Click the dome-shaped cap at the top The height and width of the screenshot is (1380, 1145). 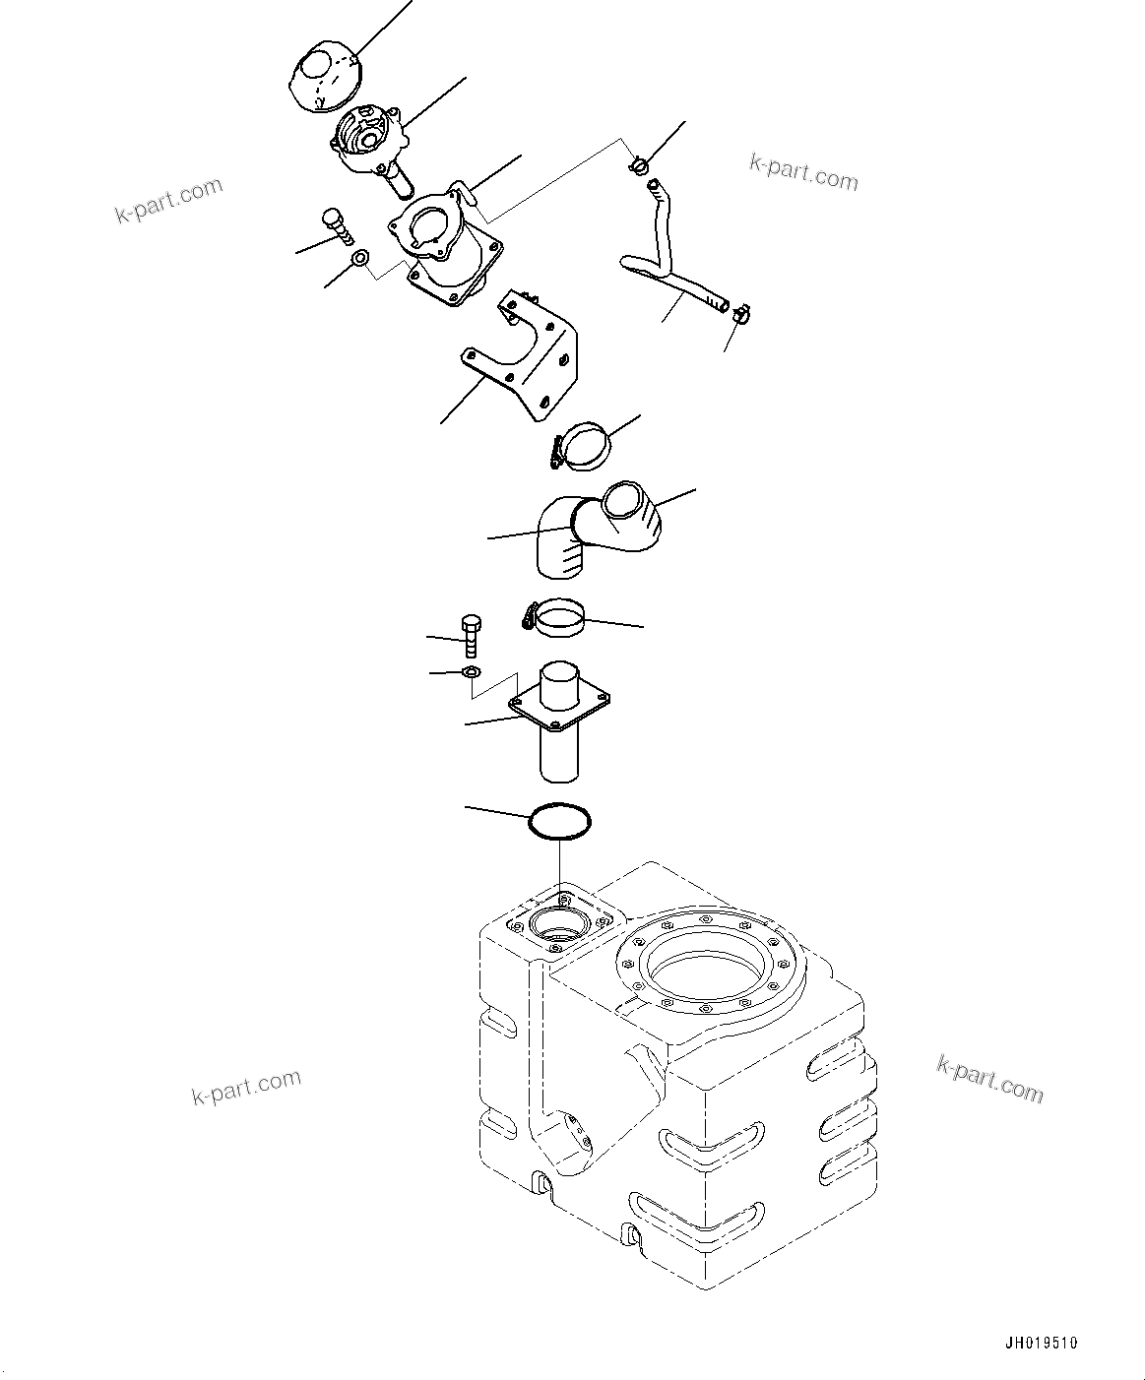point(324,75)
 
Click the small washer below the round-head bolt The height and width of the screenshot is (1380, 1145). point(360,259)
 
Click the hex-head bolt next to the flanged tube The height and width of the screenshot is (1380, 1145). point(471,637)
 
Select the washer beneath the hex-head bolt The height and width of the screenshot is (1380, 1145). point(471,673)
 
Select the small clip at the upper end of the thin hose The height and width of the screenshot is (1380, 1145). point(637,164)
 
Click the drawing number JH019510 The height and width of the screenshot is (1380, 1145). point(1042,1343)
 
